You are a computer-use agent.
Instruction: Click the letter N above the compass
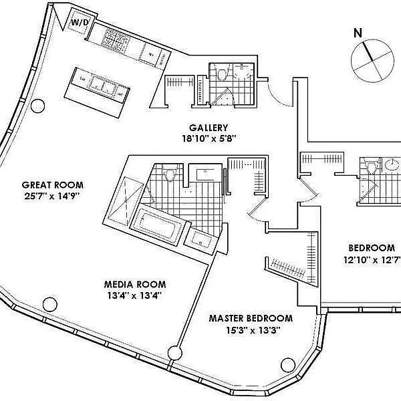point(358,32)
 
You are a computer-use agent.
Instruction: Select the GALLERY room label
point(209,128)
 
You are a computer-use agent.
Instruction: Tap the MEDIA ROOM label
point(134,283)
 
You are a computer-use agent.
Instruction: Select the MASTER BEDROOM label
point(251,318)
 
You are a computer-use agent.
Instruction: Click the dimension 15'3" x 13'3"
point(251,329)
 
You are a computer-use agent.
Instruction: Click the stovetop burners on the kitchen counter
point(114,40)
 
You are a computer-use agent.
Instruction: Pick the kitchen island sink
point(104,84)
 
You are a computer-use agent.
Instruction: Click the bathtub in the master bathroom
point(158,226)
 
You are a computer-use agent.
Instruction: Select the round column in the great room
point(38,105)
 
